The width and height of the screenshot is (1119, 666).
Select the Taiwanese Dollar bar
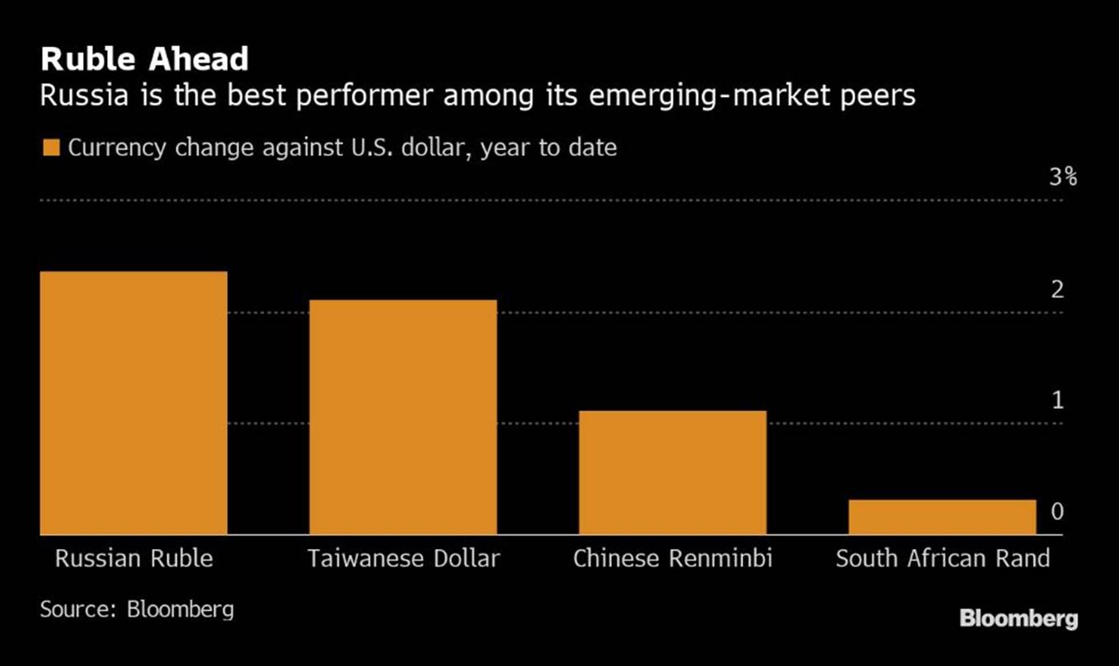(x=403, y=417)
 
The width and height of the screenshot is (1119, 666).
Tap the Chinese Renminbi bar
(x=672, y=472)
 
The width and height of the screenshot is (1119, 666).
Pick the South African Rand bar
(x=942, y=517)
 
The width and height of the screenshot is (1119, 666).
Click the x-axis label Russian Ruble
(x=134, y=559)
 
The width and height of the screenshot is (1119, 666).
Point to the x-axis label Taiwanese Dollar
(x=403, y=559)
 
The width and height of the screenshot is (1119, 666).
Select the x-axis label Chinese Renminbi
(x=672, y=559)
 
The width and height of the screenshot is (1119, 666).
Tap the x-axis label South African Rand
(x=943, y=559)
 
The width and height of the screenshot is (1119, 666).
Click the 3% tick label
(x=1063, y=177)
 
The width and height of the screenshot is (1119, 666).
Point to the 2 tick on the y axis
(x=1057, y=290)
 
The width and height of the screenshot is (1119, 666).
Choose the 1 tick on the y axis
(x=1057, y=401)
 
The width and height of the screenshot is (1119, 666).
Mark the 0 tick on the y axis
(x=1057, y=513)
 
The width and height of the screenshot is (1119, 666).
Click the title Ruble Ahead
(x=144, y=59)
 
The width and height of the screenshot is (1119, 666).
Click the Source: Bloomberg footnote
(x=137, y=610)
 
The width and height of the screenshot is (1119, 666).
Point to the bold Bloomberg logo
(x=1018, y=618)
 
